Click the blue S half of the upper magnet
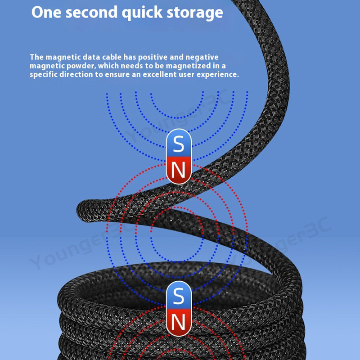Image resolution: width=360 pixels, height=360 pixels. tap(179, 144)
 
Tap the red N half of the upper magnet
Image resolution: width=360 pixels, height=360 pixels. tap(179, 170)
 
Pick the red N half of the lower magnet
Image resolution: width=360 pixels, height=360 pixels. tap(179, 322)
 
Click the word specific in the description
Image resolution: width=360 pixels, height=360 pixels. tap(44, 75)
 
